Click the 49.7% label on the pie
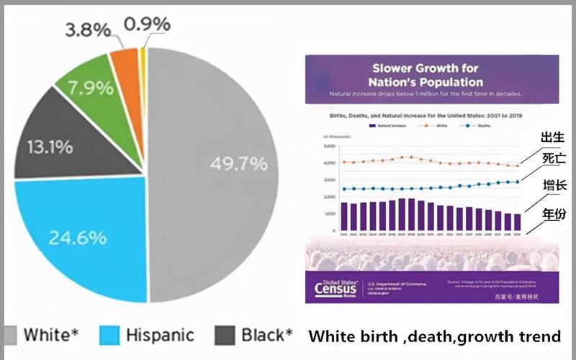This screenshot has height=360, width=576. click(238, 163)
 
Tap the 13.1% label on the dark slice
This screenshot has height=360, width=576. click(50, 147)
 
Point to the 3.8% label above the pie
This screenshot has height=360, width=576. click(88, 30)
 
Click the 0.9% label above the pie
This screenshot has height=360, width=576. click(147, 24)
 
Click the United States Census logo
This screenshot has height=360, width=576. click(336, 287)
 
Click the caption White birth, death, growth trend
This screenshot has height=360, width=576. click(434, 336)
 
